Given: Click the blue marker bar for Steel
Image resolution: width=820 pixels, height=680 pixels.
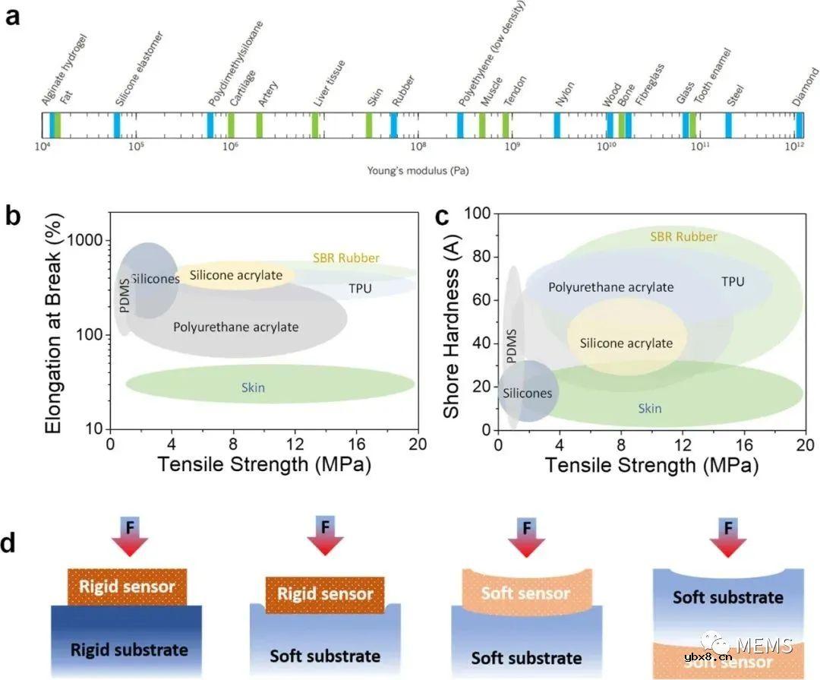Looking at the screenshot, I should pyautogui.click(x=728, y=125).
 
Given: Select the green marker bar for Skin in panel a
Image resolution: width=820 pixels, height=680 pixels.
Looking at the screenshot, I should pyautogui.click(x=369, y=125).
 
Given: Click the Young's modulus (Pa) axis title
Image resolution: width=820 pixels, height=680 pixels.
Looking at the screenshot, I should pyautogui.click(x=418, y=171).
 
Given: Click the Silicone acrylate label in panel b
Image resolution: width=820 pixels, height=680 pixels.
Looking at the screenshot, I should pyautogui.click(x=235, y=275).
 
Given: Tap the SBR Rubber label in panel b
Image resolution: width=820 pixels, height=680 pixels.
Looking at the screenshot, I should pyautogui.click(x=345, y=258).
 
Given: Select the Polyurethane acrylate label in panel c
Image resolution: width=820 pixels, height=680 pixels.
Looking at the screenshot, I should pyautogui.click(x=610, y=287).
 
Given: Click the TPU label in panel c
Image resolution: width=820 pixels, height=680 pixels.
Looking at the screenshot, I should pyautogui.click(x=733, y=282).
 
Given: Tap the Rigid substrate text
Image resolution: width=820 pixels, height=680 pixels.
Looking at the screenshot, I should pyautogui.click(x=129, y=650).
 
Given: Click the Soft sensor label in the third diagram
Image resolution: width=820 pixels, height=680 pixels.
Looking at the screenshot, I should pyautogui.click(x=525, y=593).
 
